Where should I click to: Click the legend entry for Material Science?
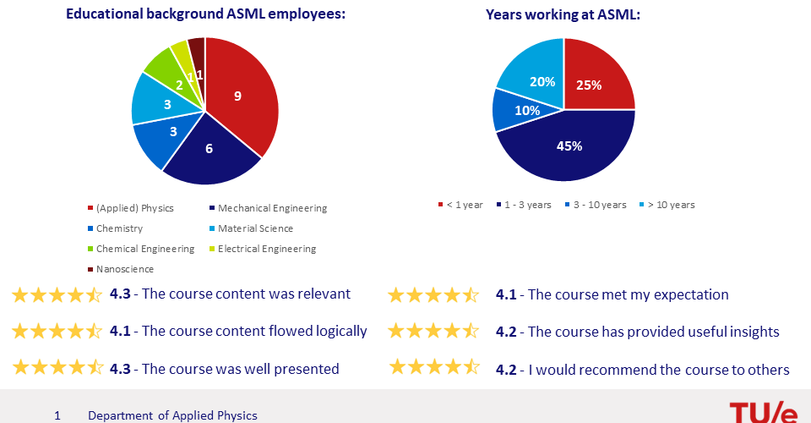click(252, 228)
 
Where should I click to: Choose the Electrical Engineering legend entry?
click(263, 249)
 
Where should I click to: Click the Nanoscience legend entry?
click(121, 269)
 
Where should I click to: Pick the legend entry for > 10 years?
click(667, 205)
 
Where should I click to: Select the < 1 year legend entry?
click(460, 205)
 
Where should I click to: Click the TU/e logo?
click(764, 413)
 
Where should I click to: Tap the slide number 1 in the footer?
click(57, 415)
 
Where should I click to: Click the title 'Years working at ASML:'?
click(563, 14)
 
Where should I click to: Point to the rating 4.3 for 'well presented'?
click(120, 369)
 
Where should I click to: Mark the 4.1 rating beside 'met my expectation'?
click(506, 294)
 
